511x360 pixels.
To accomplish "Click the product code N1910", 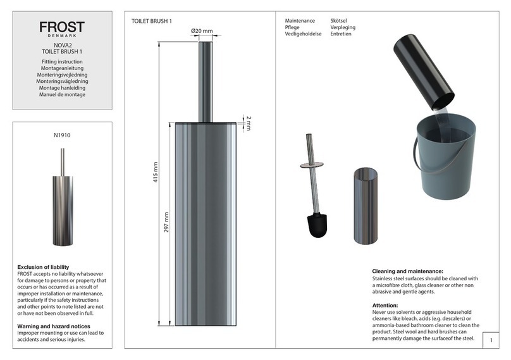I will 62,135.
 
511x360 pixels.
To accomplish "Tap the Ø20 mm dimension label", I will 201,31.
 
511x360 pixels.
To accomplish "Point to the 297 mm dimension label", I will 167,221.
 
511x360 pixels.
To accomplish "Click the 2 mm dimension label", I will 249,122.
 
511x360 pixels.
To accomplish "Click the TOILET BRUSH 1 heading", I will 152,22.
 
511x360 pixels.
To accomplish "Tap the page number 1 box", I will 490,341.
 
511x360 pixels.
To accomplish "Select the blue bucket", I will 443,158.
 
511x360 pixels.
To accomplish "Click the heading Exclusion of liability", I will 43,267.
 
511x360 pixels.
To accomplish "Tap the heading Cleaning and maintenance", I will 412,271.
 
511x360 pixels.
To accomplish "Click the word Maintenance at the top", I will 300,21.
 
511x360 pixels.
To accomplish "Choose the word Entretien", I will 341,34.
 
